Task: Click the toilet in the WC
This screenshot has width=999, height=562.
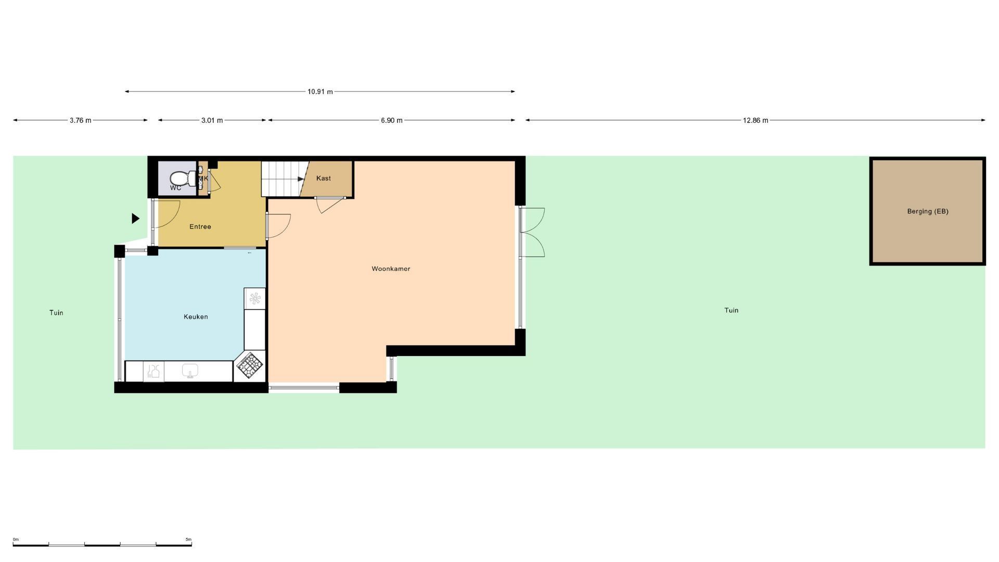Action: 183,178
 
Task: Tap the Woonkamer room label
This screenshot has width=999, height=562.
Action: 391,269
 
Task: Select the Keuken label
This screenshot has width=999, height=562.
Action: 196,317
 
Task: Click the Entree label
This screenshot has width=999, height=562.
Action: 200,227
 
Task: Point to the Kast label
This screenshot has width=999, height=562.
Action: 324,178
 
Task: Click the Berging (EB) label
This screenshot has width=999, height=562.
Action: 928,211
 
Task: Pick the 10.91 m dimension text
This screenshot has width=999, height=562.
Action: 320,92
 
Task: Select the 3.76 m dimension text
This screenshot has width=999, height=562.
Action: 81,120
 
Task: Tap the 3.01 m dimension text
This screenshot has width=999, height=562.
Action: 212,120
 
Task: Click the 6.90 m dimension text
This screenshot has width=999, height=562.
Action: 392,120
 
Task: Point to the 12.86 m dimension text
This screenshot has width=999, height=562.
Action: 755,120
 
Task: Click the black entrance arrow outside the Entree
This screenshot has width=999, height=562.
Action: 135,219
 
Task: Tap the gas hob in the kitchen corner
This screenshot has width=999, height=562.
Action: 249,365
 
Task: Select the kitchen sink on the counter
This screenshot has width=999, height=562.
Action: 190,371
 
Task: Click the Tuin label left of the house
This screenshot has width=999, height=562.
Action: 56,313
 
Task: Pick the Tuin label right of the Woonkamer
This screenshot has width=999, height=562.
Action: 732,311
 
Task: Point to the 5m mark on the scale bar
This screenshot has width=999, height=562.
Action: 188,540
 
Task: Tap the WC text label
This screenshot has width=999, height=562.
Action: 176,188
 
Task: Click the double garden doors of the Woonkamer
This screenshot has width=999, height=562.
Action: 532,233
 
